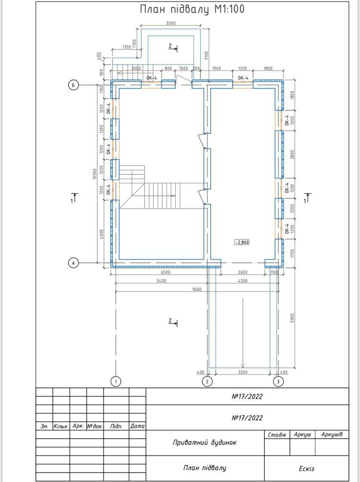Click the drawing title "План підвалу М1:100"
tap(192, 10)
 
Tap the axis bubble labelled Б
tap(74, 85)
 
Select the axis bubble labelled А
tap(74, 263)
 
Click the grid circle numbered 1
tap(116, 382)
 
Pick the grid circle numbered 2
tap(207, 382)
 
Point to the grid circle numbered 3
tap(278, 382)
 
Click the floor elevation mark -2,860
tap(242, 243)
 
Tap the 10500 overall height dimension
tap(95, 174)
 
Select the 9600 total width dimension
tap(197, 290)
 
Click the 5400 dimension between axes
tap(162, 281)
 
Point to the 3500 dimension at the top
tap(171, 23)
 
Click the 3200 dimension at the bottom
tap(243, 372)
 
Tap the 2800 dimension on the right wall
tap(292, 155)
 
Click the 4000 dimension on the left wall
tap(101, 234)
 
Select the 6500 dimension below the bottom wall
tap(166, 272)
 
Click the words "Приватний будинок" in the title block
tap(205, 442)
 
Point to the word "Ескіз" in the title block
tap(307, 469)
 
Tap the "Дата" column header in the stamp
tap(137, 426)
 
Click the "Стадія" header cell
tap(277, 435)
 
